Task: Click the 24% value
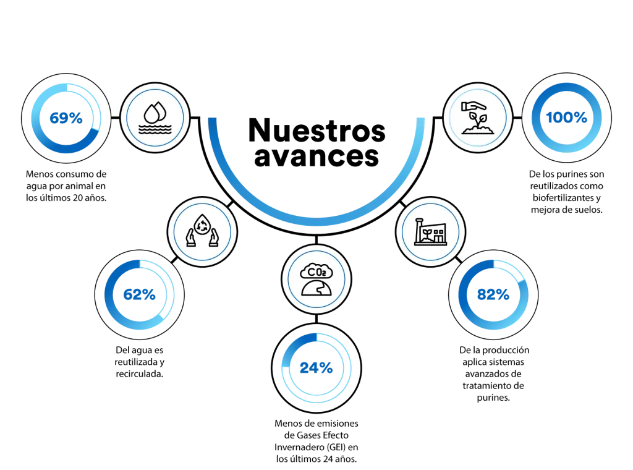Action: [x=316, y=369]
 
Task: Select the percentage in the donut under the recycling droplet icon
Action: [x=140, y=295]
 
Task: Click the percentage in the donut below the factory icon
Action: [x=492, y=294]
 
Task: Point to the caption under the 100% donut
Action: [x=567, y=192]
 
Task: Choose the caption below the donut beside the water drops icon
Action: [x=67, y=184]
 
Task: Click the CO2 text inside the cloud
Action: [x=315, y=270]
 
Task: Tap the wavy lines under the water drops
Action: [x=154, y=127]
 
